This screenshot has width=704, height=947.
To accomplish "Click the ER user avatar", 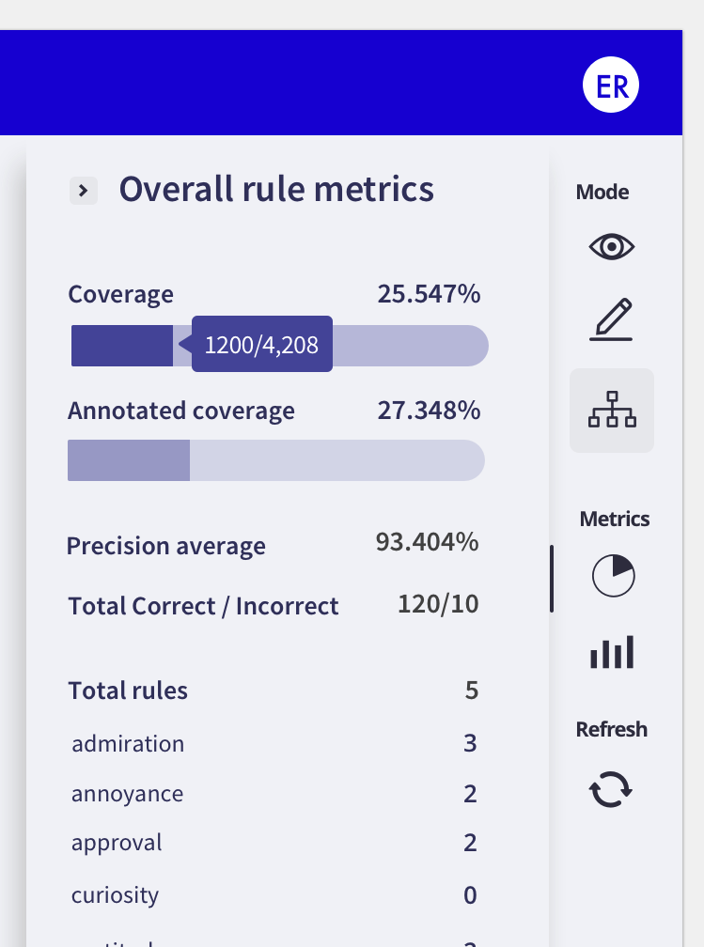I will click(x=611, y=85).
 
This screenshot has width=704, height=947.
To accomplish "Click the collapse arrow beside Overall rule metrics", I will click(x=84, y=191).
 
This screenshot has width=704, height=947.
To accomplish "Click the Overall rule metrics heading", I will click(x=276, y=190).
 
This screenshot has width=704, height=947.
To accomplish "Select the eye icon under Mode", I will click(x=612, y=247).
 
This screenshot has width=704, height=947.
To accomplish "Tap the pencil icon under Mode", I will click(x=612, y=318).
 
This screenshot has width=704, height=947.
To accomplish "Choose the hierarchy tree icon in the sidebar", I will click(x=612, y=411).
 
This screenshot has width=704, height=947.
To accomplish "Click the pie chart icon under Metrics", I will click(x=613, y=575).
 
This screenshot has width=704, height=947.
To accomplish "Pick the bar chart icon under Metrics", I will click(x=612, y=651).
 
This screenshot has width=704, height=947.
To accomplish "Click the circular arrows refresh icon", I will click(x=611, y=789).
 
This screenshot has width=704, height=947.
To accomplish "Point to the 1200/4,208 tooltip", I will click(x=262, y=345).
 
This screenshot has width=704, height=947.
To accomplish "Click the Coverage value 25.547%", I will click(x=429, y=294).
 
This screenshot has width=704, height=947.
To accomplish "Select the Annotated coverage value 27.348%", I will click(x=429, y=411).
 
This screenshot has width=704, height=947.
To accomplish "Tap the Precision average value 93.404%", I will click(x=427, y=542).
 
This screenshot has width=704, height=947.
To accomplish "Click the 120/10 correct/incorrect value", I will click(x=438, y=604).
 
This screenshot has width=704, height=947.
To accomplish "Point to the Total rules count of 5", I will click(x=471, y=691).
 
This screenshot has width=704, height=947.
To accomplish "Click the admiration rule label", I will click(x=128, y=744).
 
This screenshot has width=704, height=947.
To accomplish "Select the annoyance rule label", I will click(x=127, y=794).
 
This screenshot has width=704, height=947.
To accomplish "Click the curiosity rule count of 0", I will click(x=470, y=895).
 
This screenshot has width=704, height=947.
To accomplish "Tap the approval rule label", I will click(x=117, y=843).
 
